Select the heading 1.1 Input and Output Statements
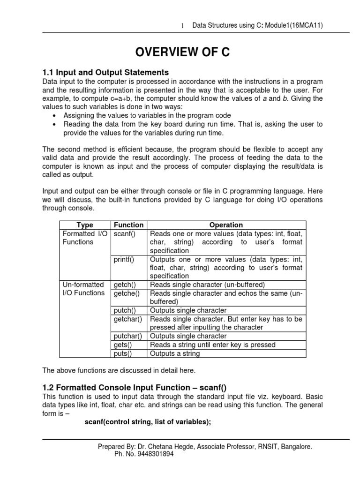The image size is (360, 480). click(105, 72)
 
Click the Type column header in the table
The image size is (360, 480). click(85, 225)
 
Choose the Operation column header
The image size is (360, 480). click(226, 225)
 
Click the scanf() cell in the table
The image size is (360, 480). click(124, 233)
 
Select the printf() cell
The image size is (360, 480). click(124, 259)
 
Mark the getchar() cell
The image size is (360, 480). click(128, 319)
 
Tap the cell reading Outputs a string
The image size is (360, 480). click(174, 353)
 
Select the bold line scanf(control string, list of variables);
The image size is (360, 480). click(148, 421)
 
